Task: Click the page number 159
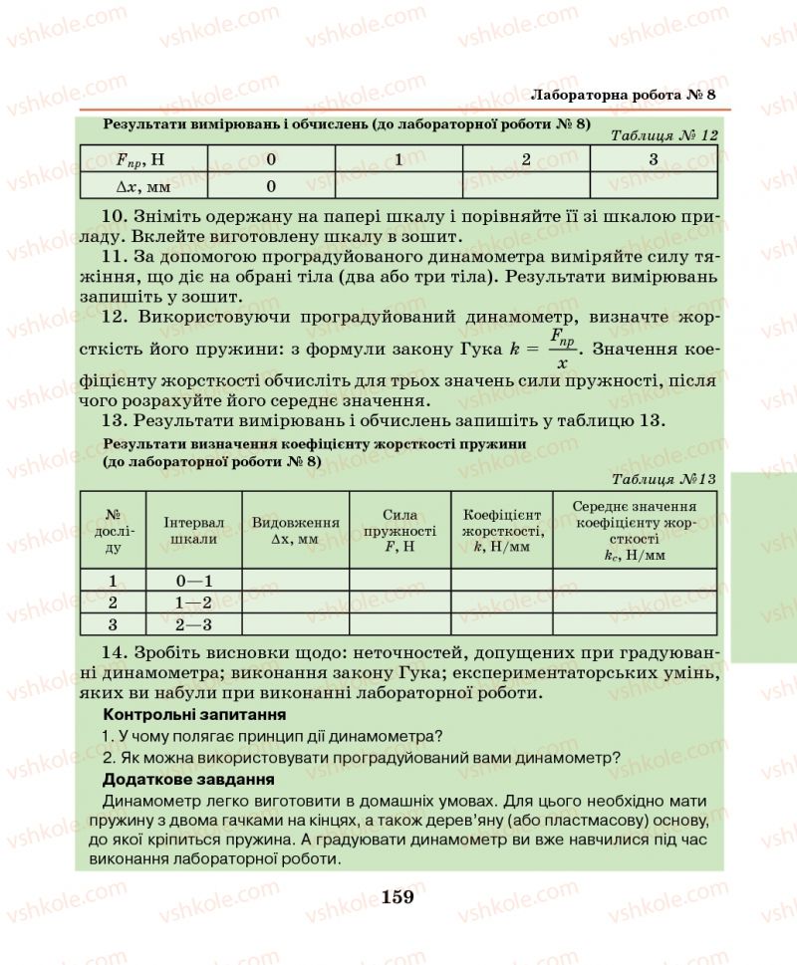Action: [x=397, y=896]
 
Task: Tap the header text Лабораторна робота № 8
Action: [x=625, y=95]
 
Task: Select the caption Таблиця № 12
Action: [x=663, y=137]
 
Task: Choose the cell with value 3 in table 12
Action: [x=654, y=159]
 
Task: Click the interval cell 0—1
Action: [x=195, y=581]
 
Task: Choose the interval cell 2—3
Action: [x=195, y=624]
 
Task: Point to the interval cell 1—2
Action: [x=195, y=603]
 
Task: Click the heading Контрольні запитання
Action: [x=195, y=714]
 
